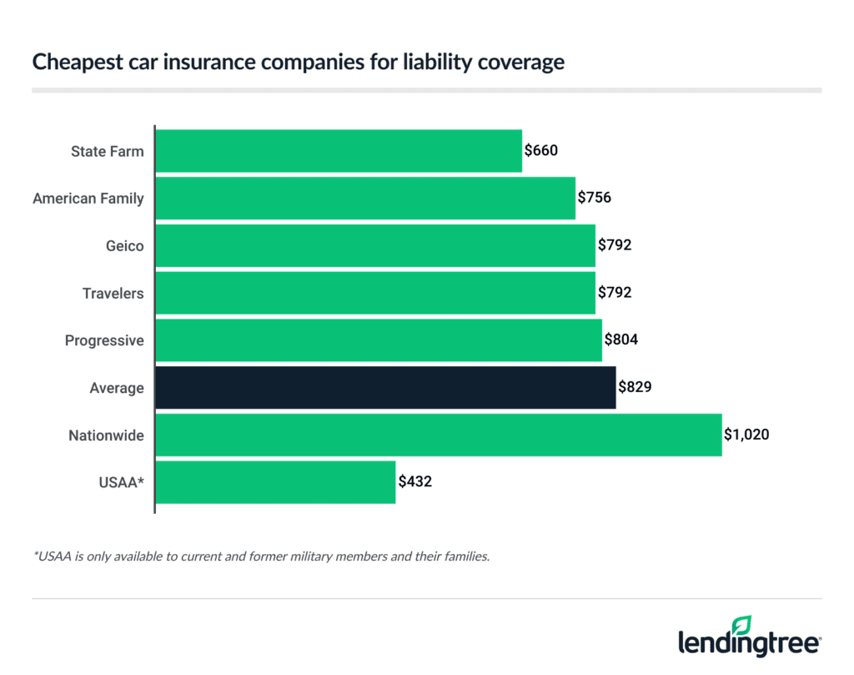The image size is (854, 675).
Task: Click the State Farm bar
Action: (x=339, y=151)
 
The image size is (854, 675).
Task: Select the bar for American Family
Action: (x=365, y=199)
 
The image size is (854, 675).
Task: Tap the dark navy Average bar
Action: (x=385, y=388)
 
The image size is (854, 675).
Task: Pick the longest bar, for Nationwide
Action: (x=439, y=435)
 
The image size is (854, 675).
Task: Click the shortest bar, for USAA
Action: (x=275, y=482)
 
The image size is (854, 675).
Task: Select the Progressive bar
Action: (x=379, y=340)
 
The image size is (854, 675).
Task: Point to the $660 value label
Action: (x=540, y=151)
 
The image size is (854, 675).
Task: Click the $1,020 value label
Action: (x=746, y=435)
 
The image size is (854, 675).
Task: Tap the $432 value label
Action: (x=414, y=482)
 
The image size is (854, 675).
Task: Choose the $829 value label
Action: (x=635, y=388)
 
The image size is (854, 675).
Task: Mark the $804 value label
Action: (x=621, y=340)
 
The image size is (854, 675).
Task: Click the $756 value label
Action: (x=595, y=199)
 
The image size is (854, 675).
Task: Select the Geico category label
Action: (x=125, y=246)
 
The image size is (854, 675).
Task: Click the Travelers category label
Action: (x=113, y=294)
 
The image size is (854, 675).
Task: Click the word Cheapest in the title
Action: (x=68, y=63)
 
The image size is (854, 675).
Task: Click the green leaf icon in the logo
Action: (x=741, y=625)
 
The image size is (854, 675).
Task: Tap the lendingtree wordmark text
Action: (x=748, y=645)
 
